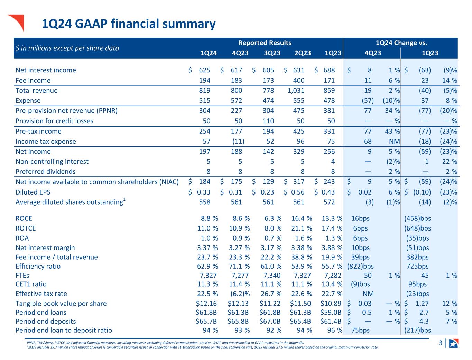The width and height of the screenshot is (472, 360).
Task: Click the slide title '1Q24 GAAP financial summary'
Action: tap(128, 24)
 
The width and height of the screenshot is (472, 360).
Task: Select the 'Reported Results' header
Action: tap(265, 43)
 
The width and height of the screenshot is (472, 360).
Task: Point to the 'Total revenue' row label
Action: tap(37, 90)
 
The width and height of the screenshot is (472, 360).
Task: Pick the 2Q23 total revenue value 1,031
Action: tap(296, 90)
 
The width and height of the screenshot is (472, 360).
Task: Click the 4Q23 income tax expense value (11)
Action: tap(238, 141)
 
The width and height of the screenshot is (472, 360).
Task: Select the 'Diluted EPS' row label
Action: tap(33, 192)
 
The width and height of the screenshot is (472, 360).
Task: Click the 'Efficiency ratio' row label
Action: tap(38, 266)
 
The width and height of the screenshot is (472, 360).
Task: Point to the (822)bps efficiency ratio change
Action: tap(360, 266)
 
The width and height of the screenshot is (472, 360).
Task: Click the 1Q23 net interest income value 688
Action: tap(329, 70)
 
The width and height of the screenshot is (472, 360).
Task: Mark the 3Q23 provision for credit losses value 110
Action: tap(268, 121)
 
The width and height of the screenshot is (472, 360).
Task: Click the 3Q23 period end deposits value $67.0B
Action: tap(270, 321)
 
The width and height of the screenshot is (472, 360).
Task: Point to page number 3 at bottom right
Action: tap(441, 343)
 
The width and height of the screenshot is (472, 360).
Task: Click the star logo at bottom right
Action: tap(453, 343)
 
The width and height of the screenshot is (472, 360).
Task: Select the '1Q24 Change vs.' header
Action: tap(401, 43)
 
